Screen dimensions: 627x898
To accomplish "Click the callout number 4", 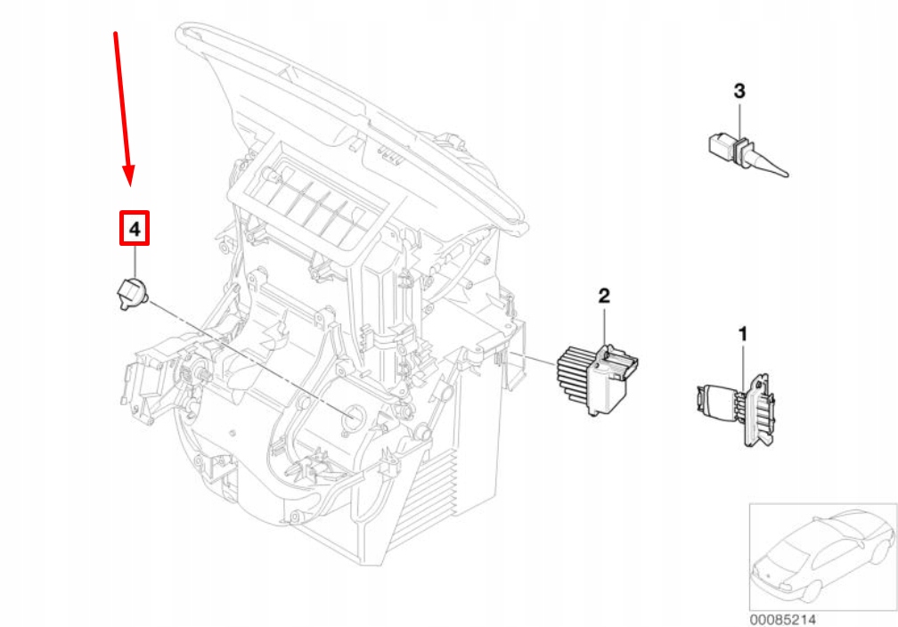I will [x=135, y=229].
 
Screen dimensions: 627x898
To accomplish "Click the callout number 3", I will [x=739, y=90].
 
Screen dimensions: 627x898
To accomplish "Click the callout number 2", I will [x=604, y=295].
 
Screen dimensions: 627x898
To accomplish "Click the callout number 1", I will [x=741, y=334].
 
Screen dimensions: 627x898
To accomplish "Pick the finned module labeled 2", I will [x=592, y=377].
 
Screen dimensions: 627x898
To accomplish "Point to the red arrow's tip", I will [x=130, y=182].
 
